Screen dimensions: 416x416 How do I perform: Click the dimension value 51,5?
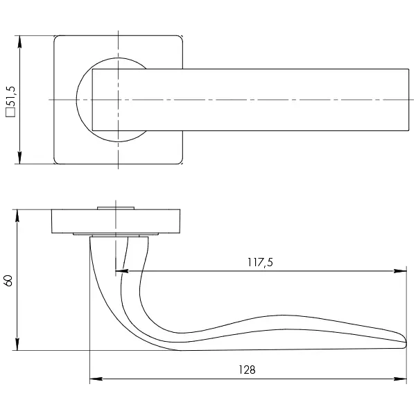point(11,96)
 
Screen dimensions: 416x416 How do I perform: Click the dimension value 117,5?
point(260,262)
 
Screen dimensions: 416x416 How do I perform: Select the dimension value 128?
point(247,370)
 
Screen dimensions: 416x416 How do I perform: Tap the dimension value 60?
point(8,281)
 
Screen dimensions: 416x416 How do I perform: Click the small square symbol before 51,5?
point(11,112)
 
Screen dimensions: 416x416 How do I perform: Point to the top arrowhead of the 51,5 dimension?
point(19,42)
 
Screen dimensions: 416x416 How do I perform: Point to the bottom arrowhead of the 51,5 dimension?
point(19,157)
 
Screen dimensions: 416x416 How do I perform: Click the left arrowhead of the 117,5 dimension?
point(122,271)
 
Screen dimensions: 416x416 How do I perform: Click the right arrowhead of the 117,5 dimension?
point(400,271)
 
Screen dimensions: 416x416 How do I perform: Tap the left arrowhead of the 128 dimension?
point(96,379)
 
